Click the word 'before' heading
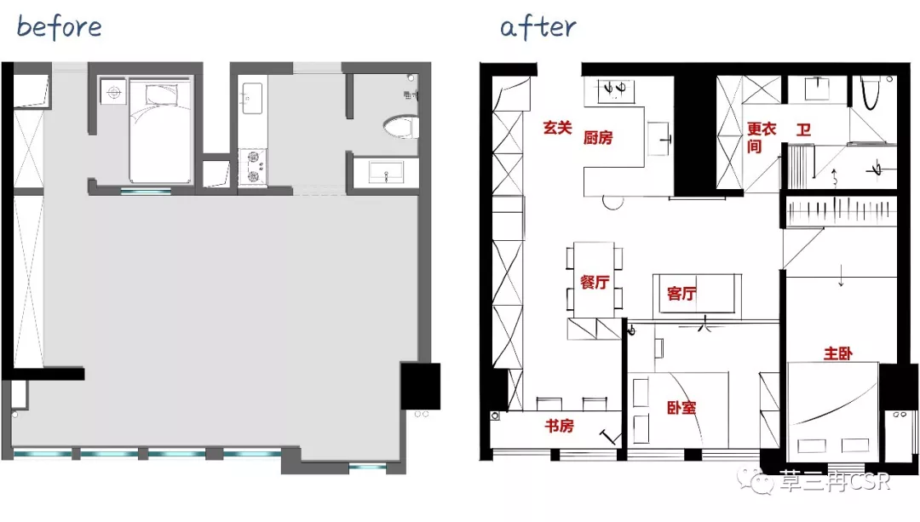coord(60,27)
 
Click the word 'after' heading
coord(538,27)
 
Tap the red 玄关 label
coord(557,127)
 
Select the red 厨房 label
coord(598,138)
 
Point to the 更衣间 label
coord(761,137)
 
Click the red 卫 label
coord(803,129)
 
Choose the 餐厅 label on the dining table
coord(595,282)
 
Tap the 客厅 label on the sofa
coord(681,293)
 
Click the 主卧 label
coord(838,353)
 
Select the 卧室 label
coord(681,408)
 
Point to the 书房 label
coord(559,425)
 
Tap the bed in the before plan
coord(160,131)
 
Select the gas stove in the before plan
coord(253,167)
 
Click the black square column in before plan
coord(420,386)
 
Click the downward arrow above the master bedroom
coord(841,276)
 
